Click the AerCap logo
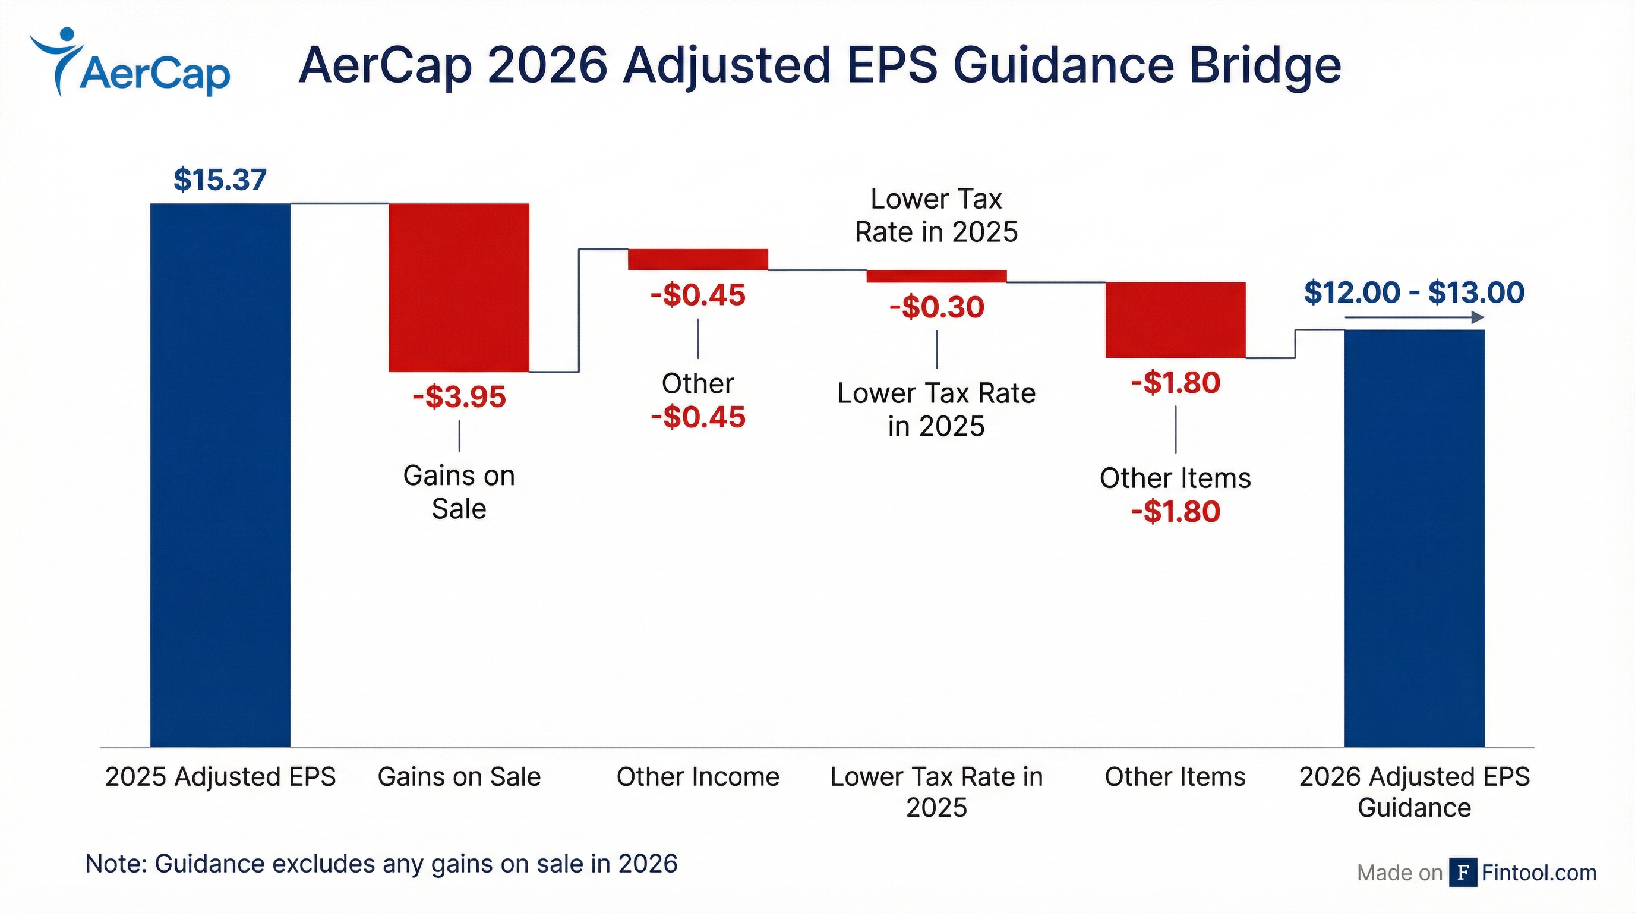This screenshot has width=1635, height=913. [130, 64]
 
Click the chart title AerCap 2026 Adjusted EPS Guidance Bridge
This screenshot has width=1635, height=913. [819, 65]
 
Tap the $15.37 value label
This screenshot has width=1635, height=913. [220, 180]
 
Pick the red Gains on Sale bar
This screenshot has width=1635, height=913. [459, 287]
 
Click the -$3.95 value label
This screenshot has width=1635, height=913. [459, 397]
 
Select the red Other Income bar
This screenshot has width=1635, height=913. [697, 260]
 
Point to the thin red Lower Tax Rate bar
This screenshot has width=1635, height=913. [936, 276]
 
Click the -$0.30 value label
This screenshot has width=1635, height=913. [936, 307]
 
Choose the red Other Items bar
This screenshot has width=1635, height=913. [1175, 319]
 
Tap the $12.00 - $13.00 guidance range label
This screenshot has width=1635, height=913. [1414, 292]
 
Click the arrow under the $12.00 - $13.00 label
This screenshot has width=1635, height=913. [1414, 317]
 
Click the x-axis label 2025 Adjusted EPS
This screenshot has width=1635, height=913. [220, 776]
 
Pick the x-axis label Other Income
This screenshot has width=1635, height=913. [697, 776]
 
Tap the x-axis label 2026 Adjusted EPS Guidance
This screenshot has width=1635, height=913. [1414, 792]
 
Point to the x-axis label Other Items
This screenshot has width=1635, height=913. [1175, 776]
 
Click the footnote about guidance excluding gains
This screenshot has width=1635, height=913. [381, 864]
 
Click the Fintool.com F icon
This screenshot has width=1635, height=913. [1462, 873]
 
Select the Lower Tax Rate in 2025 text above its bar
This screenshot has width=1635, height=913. [936, 215]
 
